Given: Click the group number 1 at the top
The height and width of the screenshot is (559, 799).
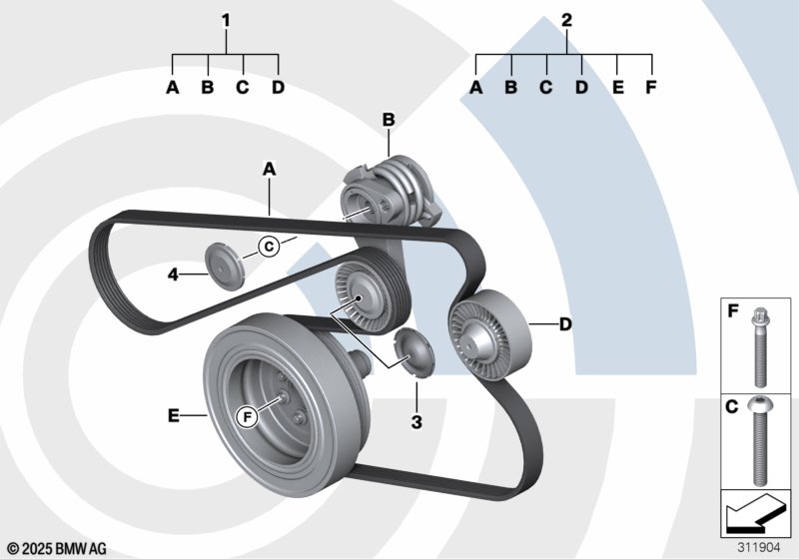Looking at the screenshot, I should (226, 19).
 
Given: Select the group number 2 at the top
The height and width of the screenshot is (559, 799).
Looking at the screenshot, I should (567, 19).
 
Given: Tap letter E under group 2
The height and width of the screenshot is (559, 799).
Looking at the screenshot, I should (617, 88).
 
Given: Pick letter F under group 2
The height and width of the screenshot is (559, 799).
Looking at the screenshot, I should (651, 88).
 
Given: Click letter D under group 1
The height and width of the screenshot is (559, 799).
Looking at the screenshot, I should (278, 88).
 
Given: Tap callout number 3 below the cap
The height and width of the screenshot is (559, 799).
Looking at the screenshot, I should (416, 422).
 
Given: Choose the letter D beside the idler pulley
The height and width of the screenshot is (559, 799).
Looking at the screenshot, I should (565, 323).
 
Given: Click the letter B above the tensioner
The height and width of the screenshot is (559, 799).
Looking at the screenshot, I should (389, 121).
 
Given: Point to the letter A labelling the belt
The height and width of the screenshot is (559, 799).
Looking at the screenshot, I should (269, 170).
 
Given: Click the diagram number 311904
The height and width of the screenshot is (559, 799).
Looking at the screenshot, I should (758, 547).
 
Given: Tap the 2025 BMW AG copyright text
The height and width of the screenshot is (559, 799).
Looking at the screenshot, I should (57, 548).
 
